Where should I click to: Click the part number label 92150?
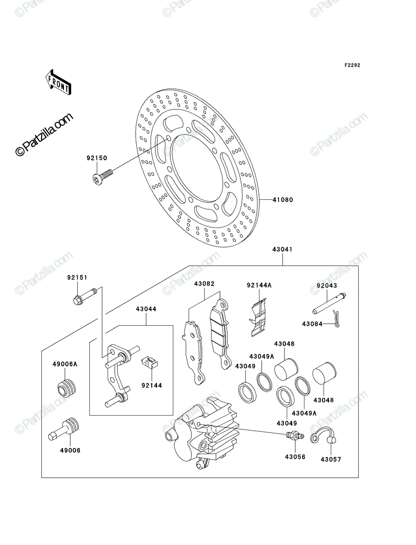click(x=97, y=158)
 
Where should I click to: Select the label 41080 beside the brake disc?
click(x=283, y=200)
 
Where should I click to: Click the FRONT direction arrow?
click(x=59, y=82)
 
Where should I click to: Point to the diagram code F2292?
click(x=352, y=65)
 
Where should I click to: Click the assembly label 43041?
click(x=282, y=249)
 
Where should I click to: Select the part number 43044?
click(x=146, y=309)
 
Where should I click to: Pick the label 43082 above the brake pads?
click(x=204, y=283)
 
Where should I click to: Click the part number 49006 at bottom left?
click(x=70, y=457)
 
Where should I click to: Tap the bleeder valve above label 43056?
click(x=295, y=435)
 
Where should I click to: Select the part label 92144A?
click(x=259, y=285)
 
